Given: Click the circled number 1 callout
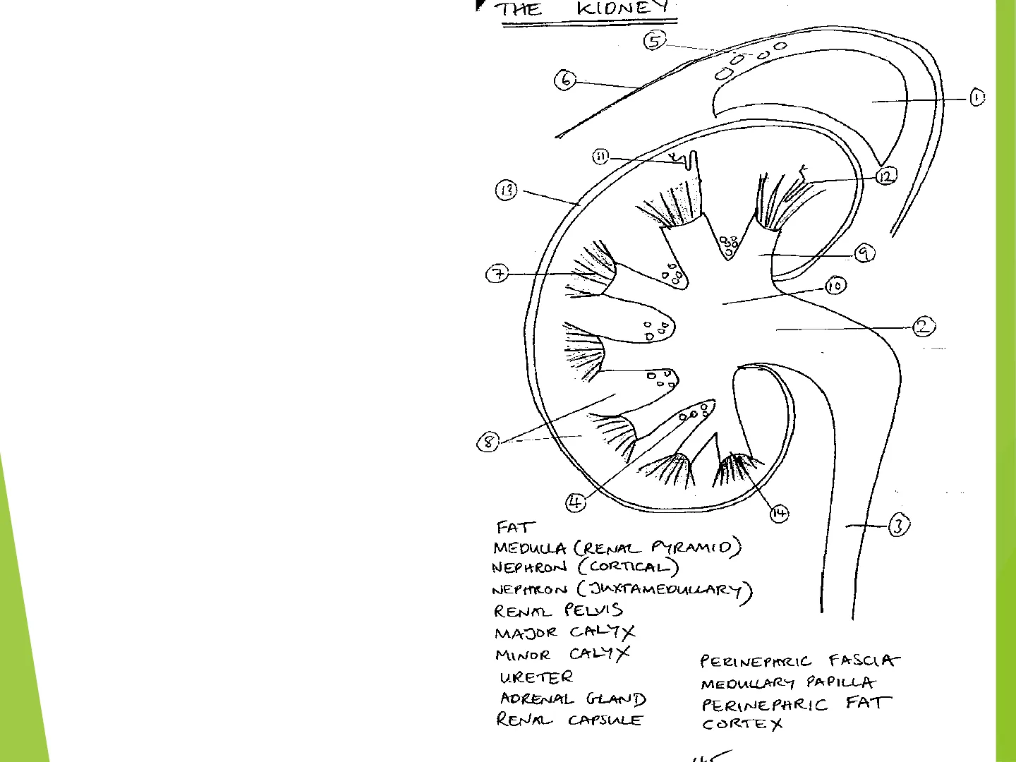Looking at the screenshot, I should click(x=976, y=97).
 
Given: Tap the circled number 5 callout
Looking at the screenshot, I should click(x=654, y=41).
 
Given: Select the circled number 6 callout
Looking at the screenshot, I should click(x=565, y=80).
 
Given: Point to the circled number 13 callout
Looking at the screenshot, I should click(x=507, y=190).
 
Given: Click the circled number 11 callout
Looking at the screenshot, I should click(x=600, y=157).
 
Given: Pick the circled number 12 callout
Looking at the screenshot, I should click(x=886, y=176).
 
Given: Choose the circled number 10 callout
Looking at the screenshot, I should click(x=835, y=286).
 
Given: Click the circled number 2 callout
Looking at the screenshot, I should click(x=924, y=327).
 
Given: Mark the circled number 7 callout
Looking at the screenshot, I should click(x=497, y=273).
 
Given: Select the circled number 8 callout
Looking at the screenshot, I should click(x=488, y=442).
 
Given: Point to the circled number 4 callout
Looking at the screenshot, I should click(x=576, y=502).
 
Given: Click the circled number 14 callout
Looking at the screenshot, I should click(x=779, y=513).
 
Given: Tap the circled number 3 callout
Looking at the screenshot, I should click(x=898, y=525).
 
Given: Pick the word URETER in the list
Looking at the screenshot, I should click(x=536, y=677).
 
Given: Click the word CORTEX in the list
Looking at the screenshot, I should click(x=742, y=724).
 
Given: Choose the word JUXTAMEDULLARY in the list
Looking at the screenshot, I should click(x=667, y=590).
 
